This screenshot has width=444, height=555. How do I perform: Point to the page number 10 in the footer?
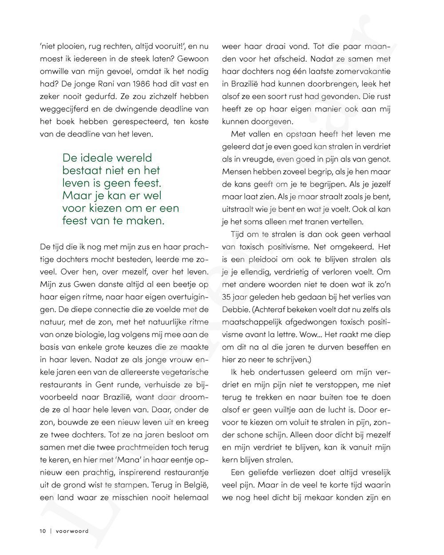click(x=42, y=531)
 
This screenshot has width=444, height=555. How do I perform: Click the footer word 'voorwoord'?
click(x=72, y=531)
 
